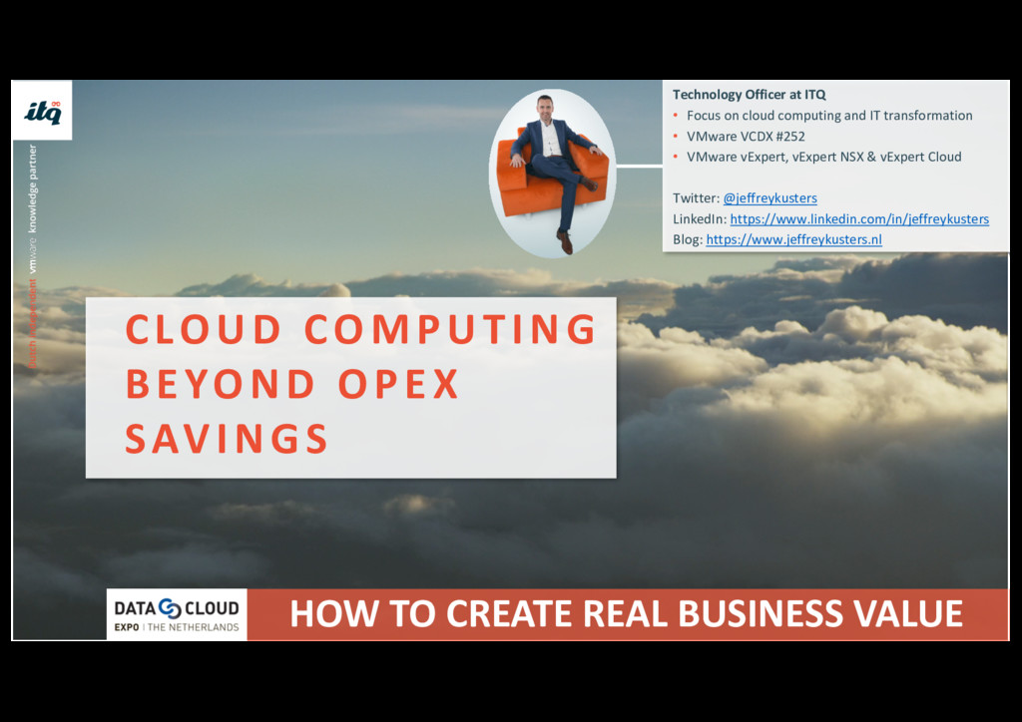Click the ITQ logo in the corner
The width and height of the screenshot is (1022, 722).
(x=42, y=111)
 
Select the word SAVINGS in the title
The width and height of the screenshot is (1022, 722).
(x=227, y=439)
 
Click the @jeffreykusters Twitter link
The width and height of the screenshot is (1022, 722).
(x=769, y=198)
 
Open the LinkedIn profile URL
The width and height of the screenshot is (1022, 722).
(x=859, y=219)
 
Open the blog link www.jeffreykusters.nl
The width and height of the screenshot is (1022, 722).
(x=793, y=240)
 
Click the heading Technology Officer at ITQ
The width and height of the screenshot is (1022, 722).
(x=749, y=95)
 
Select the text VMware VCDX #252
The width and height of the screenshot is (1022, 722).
(x=746, y=137)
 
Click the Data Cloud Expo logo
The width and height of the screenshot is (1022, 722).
(x=177, y=613)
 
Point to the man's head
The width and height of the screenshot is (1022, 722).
(x=544, y=107)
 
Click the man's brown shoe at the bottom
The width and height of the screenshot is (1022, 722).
(x=565, y=242)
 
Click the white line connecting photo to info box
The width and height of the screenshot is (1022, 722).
(x=639, y=166)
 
